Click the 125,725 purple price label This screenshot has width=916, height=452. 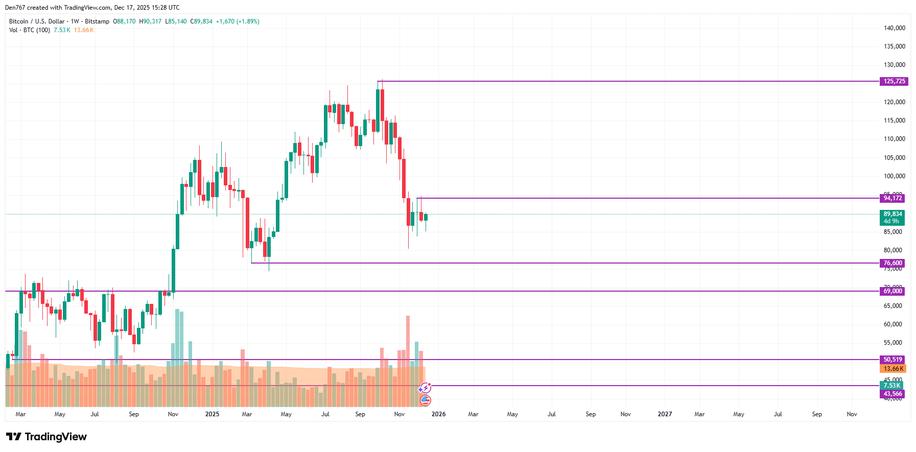[x=894, y=81]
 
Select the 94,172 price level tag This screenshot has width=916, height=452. [x=892, y=198]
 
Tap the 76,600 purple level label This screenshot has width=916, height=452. [x=892, y=263]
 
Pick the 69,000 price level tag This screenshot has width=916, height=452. [x=892, y=291]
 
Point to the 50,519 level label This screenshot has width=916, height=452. [x=892, y=360]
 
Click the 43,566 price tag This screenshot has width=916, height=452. [x=892, y=394]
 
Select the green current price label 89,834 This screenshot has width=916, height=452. [x=892, y=215]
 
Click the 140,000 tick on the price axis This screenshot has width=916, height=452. [x=894, y=28]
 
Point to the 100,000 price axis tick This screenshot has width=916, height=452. [x=894, y=176]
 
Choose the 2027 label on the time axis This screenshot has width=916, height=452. [x=665, y=414]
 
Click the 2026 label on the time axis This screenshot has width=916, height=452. [x=438, y=414]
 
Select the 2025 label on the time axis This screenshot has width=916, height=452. [x=212, y=414]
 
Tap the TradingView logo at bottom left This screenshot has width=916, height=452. [x=46, y=437]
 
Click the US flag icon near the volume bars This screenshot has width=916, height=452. [x=426, y=400]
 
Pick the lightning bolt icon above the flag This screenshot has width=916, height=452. [x=426, y=388]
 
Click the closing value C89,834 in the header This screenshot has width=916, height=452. [x=201, y=21]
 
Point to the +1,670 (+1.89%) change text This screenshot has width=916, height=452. [x=238, y=21]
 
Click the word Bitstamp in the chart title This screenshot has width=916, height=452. [x=97, y=21]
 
